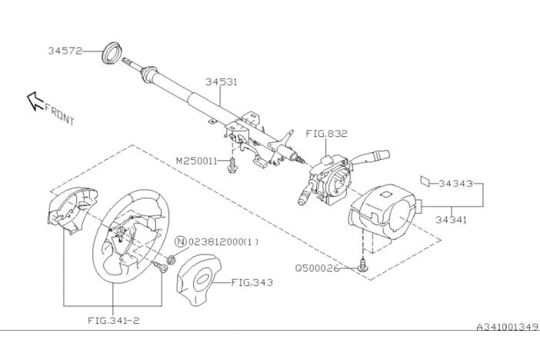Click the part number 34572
[x=65, y=51]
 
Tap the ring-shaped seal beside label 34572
[x=111, y=52]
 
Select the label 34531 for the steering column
[x=222, y=82]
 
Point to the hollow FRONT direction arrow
[x=35, y=101]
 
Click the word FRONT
[x=59, y=115]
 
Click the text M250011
[x=197, y=161]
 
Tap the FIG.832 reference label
[x=326, y=133]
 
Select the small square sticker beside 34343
[x=425, y=182]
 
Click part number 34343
[x=455, y=184]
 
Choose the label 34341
[x=451, y=219]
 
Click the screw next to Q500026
[x=362, y=265]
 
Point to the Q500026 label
[x=317, y=268]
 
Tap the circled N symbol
[x=181, y=242]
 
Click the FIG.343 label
[x=252, y=282]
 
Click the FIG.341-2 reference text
[x=114, y=320]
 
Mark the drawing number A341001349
[x=507, y=327]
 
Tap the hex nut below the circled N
[x=172, y=260]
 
